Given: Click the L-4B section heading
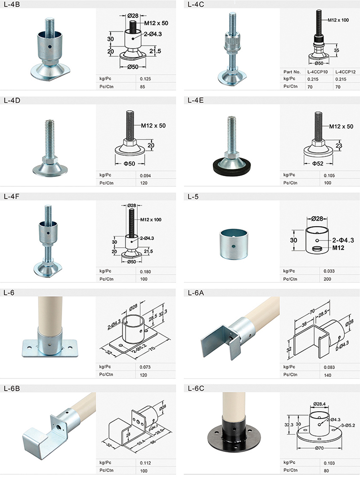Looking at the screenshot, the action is click(12, 5).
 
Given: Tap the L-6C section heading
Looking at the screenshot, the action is click(196, 388).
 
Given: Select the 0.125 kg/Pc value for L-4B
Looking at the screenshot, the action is click(145, 79).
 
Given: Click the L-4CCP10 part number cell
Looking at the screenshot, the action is click(317, 72).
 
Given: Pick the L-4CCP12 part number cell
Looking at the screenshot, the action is click(345, 72).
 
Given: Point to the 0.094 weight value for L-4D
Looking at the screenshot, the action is click(145, 176).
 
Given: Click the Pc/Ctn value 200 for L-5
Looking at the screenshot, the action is click(327, 279).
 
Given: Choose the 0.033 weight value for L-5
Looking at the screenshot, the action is click(329, 271).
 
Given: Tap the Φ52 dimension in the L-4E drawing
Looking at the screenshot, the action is click(318, 164).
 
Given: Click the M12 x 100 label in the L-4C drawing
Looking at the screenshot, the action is click(338, 20).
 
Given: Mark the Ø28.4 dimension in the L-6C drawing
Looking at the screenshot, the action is click(319, 404).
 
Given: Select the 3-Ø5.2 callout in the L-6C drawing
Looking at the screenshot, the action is click(348, 425).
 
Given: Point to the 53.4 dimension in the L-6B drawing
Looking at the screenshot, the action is click(141, 442).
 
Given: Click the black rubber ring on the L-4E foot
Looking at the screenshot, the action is click(230, 168).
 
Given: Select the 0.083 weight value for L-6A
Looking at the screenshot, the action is click(329, 367).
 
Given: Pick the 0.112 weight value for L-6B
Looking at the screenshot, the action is click(145, 463).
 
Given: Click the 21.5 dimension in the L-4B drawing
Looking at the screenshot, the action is click(155, 51).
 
